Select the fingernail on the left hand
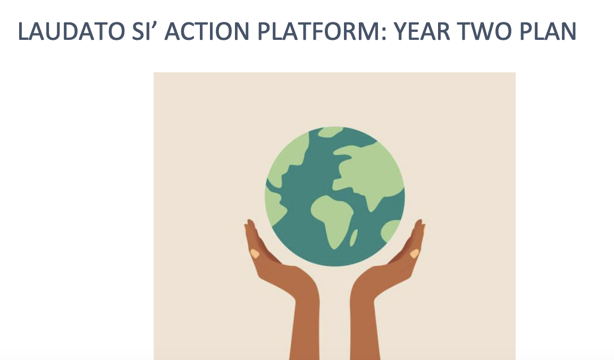pos(255,254)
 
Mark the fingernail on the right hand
pos(414,254)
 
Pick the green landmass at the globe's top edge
pos(330,131)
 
